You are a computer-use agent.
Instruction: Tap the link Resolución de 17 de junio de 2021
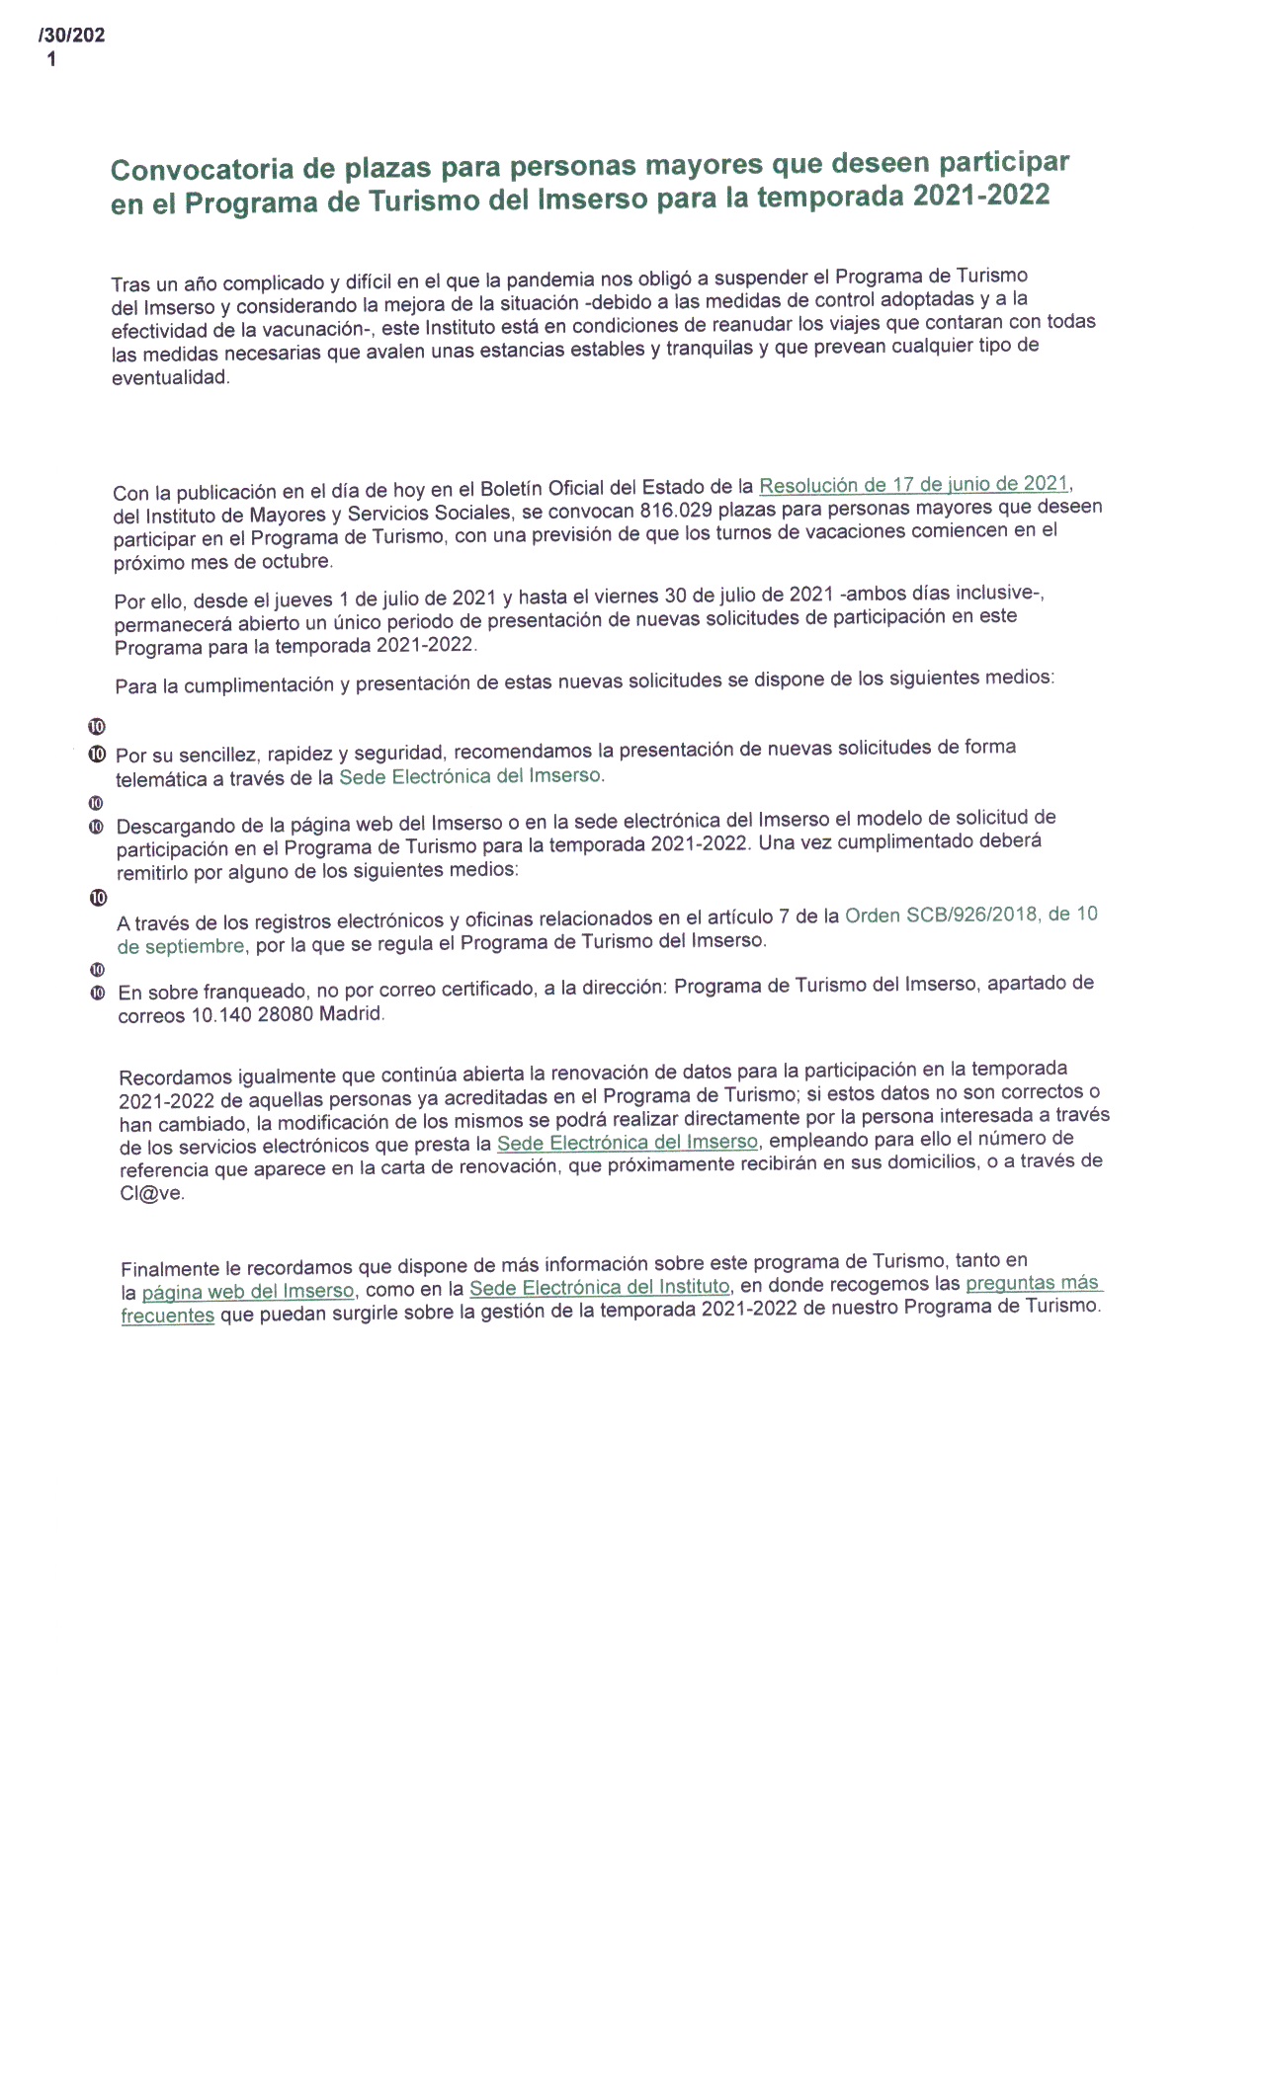coord(913,485)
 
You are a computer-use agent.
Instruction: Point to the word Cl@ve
coord(152,1193)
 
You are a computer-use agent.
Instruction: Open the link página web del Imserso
coord(247,1292)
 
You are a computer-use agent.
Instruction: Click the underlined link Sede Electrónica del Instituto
coord(599,1288)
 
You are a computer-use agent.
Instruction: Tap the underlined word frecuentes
coord(167,1316)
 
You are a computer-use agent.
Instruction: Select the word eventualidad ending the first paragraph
coord(169,378)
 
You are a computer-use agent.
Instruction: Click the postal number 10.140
coord(221,1015)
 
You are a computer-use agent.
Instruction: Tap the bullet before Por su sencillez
coord(97,755)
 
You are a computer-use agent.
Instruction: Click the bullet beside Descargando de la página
coord(97,826)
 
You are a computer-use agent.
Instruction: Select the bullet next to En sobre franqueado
coord(97,992)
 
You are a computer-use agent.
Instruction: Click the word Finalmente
coord(170,1269)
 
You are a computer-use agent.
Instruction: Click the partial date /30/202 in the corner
coord(71,37)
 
